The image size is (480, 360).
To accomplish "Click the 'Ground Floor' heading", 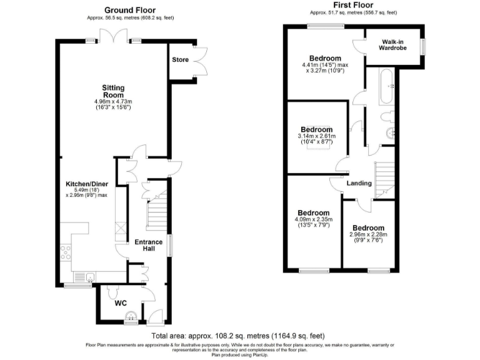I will click(130, 10).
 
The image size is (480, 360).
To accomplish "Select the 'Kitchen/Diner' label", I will click(86, 184).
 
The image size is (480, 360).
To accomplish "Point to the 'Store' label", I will click(181, 60).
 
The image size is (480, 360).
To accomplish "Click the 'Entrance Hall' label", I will click(149, 246).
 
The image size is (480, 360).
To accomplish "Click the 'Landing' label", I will click(359, 183).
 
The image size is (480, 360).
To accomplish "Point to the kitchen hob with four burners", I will click(66, 253).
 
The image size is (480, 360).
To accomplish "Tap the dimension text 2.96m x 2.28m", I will click(369, 235).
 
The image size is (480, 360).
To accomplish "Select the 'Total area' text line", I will click(238, 336).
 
